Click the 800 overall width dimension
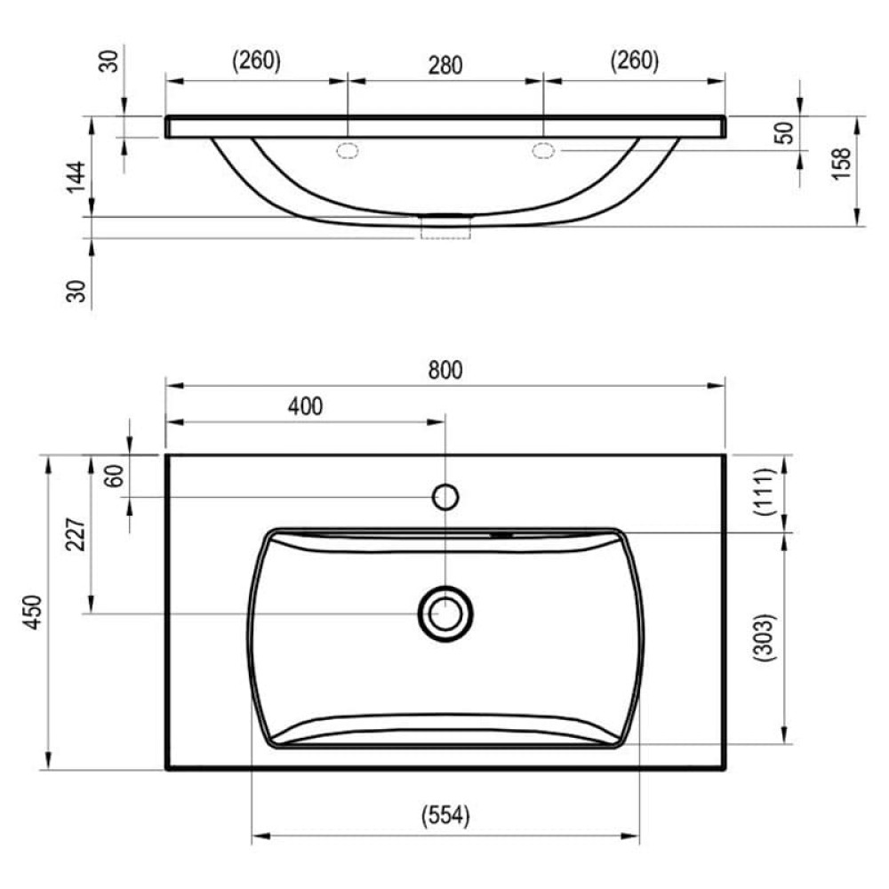(x=445, y=370)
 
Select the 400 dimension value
(x=306, y=406)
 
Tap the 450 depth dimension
(x=33, y=612)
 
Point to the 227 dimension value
(x=76, y=534)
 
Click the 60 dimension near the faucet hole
(x=115, y=476)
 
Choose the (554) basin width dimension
(x=445, y=816)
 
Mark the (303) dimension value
(x=763, y=637)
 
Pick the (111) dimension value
(x=763, y=492)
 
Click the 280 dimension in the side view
(x=445, y=65)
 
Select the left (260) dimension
(x=256, y=60)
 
